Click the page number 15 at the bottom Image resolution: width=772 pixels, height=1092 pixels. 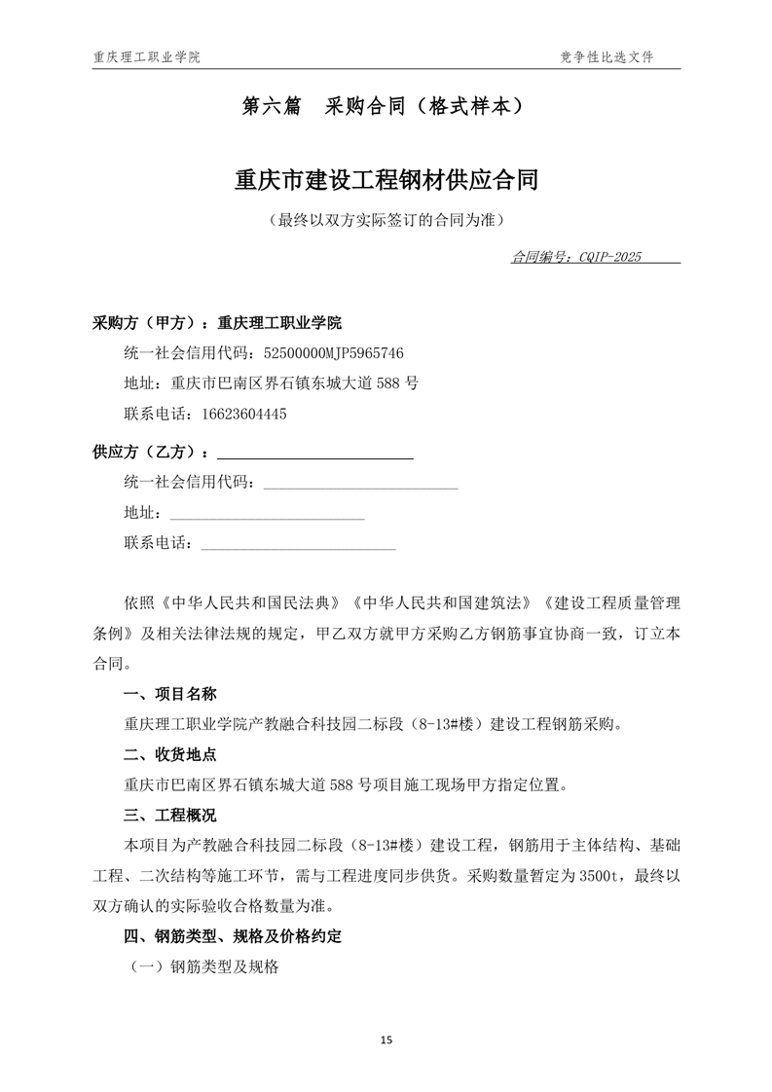386,1040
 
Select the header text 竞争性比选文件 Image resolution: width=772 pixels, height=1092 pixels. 607,57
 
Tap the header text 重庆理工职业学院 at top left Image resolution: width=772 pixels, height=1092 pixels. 146,57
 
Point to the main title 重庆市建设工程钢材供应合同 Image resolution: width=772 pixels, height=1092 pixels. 386,180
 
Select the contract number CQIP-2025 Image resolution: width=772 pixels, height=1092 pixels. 609,258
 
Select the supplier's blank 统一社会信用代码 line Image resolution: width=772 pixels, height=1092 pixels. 360,483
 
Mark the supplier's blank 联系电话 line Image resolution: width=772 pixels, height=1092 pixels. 298,543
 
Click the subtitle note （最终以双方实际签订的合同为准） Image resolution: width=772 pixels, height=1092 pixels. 386,221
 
